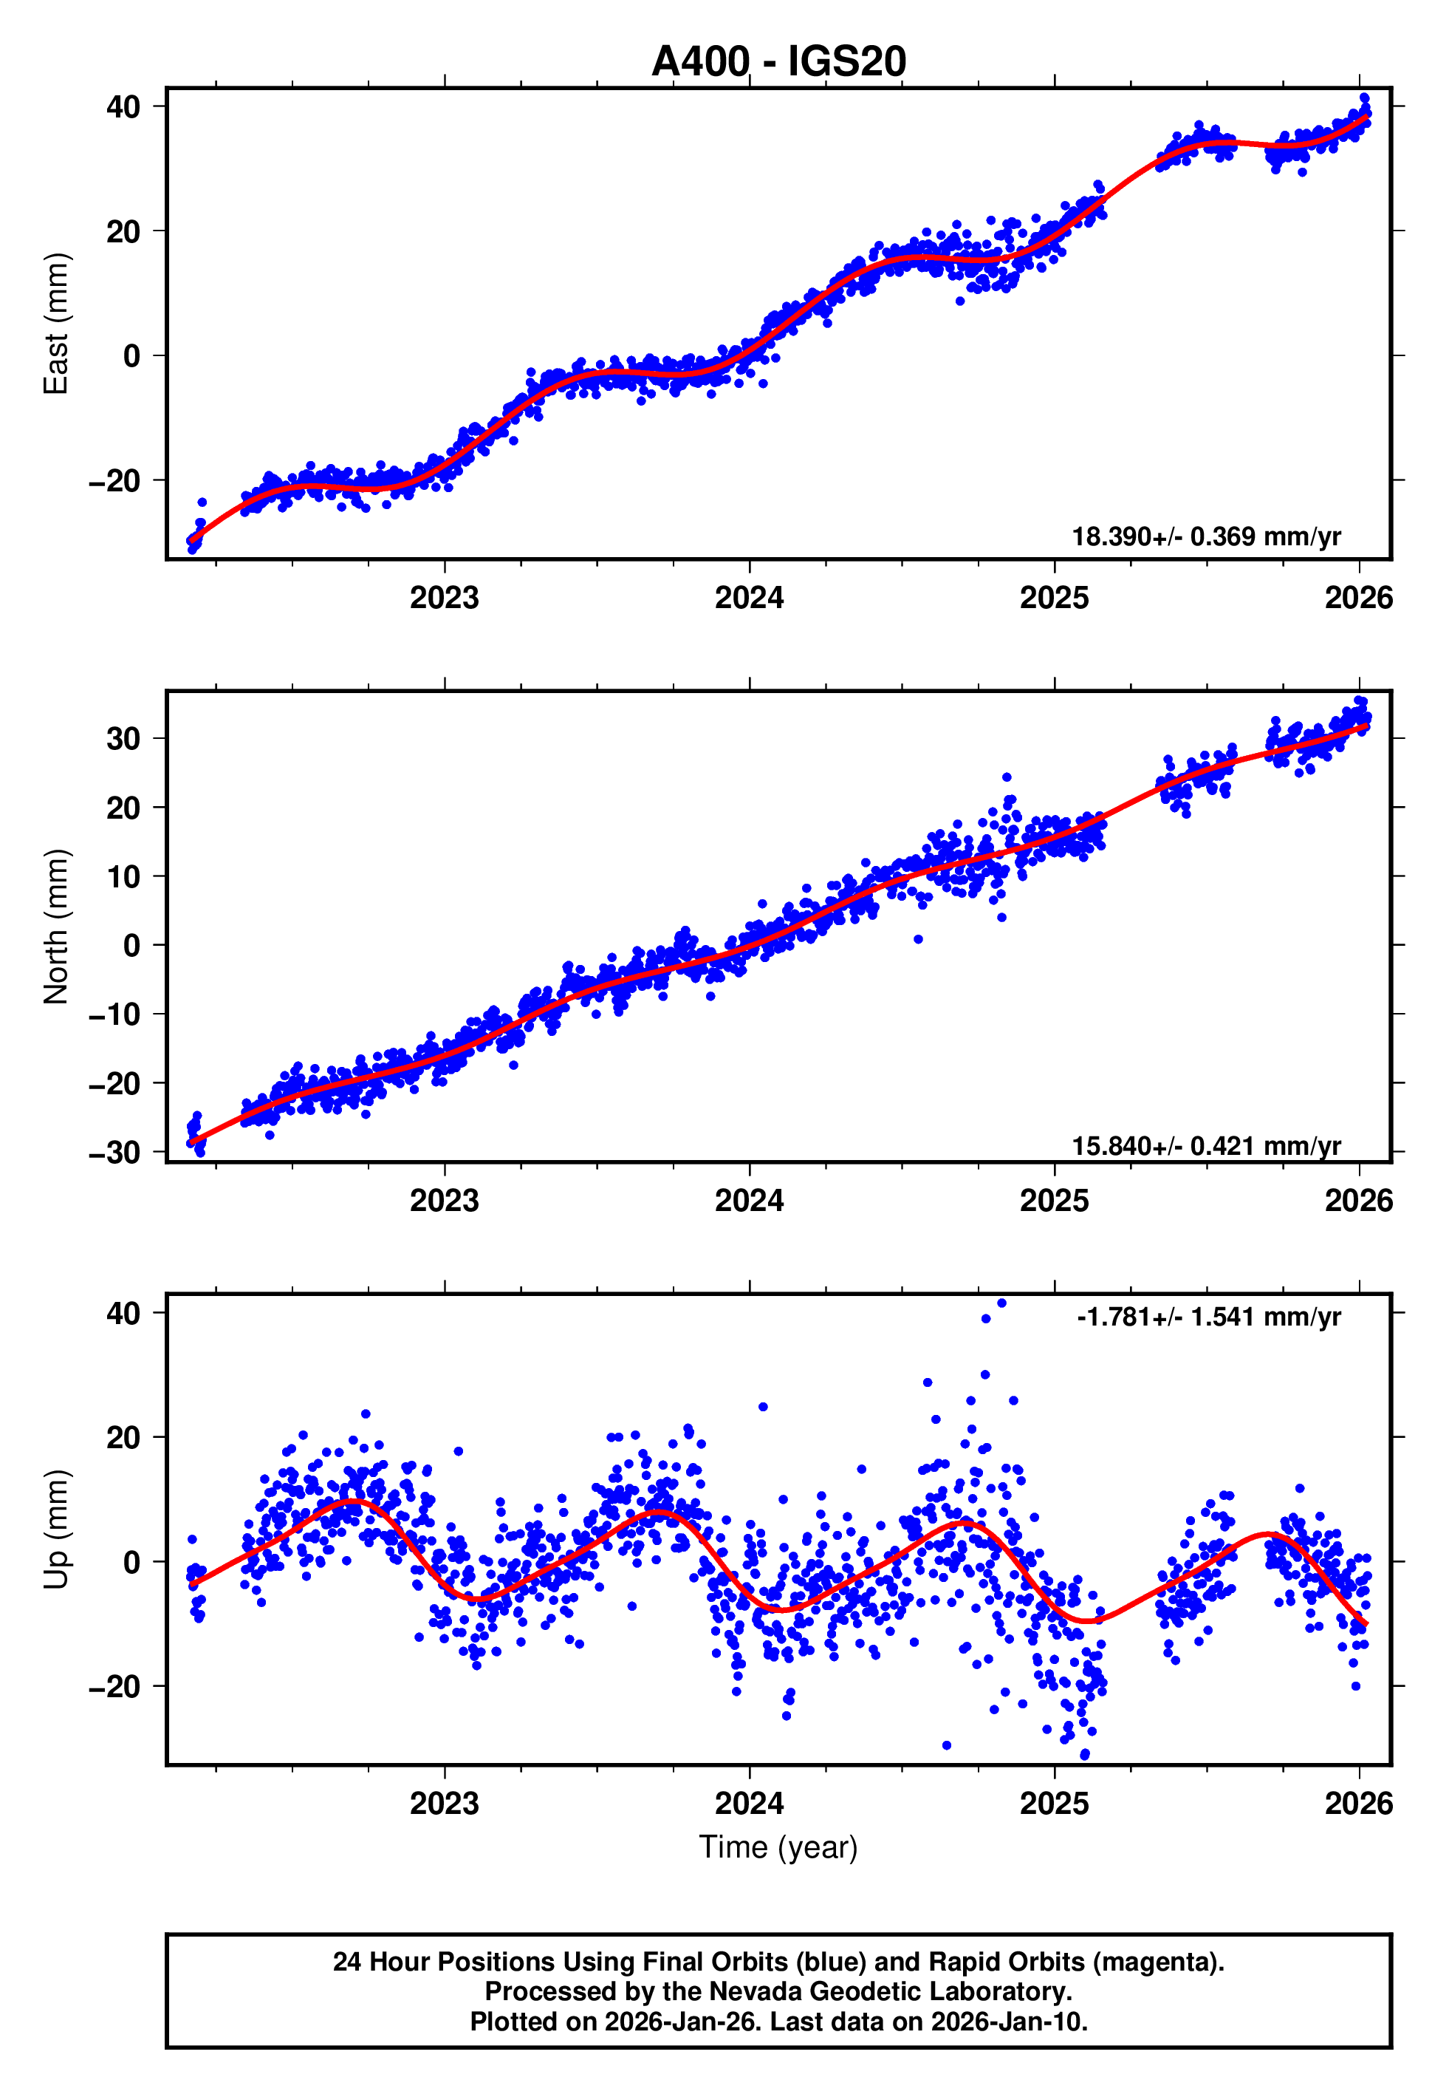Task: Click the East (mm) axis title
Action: pyautogui.click(x=56, y=324)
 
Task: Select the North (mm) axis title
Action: pyautogui.click(x=56, y=927)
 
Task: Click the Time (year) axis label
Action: pyautogui.click(x=778, y=1847)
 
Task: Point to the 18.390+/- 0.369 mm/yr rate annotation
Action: pyautogui.click(x=1206, y=536)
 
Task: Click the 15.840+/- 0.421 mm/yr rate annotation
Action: pyautogui.click(x=1206, y=1146)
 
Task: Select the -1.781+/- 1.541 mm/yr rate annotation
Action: pyautogui.click(x=1208, y=1317)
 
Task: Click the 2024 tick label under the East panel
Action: pyautogui.click(x=749, y=598)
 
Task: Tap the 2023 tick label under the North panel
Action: pyautogui.click(x=444, y=1201)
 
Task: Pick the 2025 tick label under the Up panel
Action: pyautogui.click(x=1054, y=1803)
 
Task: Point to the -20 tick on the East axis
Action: pyautogui.click(x=114, y=480)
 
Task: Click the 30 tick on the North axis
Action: pyautogui.click(x=123, y=739)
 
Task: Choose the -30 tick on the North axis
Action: pyautogui.click(x=114, y=1153)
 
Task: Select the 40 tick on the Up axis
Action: pyautogui.click(x=123, y=1313)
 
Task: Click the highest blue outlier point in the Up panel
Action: pyautogui.click(x=1001, y=1303)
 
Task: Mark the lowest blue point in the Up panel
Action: pyautogui.click(x=1085, y=1754)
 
